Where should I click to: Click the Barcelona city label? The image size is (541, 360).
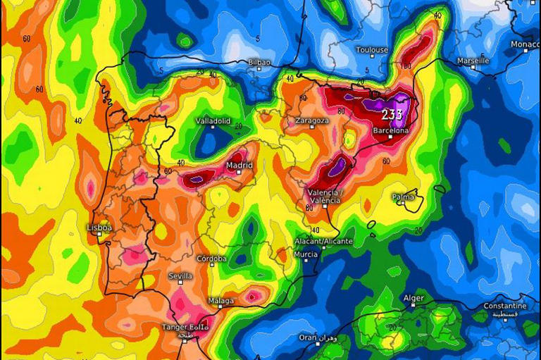[390, 130]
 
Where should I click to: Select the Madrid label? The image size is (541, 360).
[239, 165]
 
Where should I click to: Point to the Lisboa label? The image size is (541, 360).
[99, 228]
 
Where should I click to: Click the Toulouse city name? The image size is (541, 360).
[372, 50]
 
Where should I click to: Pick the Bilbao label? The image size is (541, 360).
[259, 63]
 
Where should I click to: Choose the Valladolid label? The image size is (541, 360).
[213, 120]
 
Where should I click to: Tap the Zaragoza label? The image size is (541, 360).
[312, 120]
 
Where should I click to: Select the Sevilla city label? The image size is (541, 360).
[181, 276]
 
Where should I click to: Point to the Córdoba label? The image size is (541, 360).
[211, 259]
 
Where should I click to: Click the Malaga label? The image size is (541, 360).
[220, 301]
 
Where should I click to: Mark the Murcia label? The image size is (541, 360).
[306, 254]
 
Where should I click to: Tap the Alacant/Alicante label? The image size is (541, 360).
[323, 241]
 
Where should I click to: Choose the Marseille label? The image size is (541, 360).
[473, 61]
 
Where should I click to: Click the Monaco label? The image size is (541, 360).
[525, 44]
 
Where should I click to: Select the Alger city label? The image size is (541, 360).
[413, 298]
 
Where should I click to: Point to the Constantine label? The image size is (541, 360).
[504, 306]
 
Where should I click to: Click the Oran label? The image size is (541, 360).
[308, 337]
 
